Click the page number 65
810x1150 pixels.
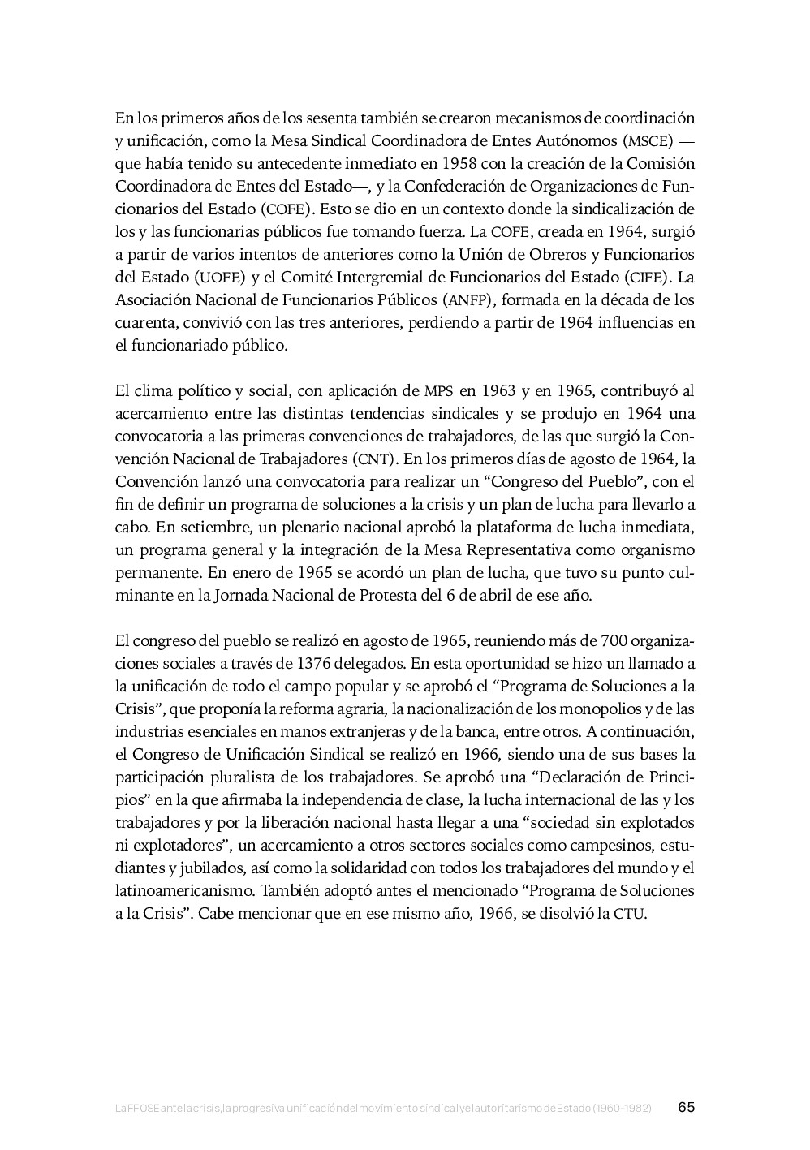[687, 1107]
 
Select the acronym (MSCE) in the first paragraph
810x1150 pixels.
[648, 140]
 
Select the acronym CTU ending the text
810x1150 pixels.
[629, 914]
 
